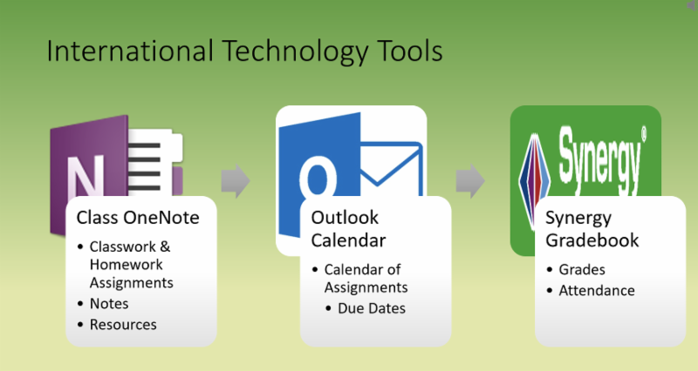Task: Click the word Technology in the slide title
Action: (x=295, y=52)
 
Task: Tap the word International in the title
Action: (x=130, y=51)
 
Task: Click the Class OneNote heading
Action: (x=138, y=217)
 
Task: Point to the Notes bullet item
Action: (x=109, y=303)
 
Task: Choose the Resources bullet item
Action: (x=123, y=324)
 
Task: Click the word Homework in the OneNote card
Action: (x=127, y=265)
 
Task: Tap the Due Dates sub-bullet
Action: (x=372, y=308)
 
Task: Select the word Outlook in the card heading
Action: (x=345, y=217)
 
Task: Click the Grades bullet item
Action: (x=582, y=269)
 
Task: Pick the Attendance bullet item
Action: (x=597, y=290)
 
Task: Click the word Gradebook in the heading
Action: (x=592, y=240)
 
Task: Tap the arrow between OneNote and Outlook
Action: (x=236, y=181)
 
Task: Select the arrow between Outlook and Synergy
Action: (x=470, y=181)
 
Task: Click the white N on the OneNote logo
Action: (x=85, y=176)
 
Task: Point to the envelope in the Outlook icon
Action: (x=390, y=169)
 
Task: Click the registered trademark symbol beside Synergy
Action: (x=644, y=134)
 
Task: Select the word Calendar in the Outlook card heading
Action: (x=348, y=240)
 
